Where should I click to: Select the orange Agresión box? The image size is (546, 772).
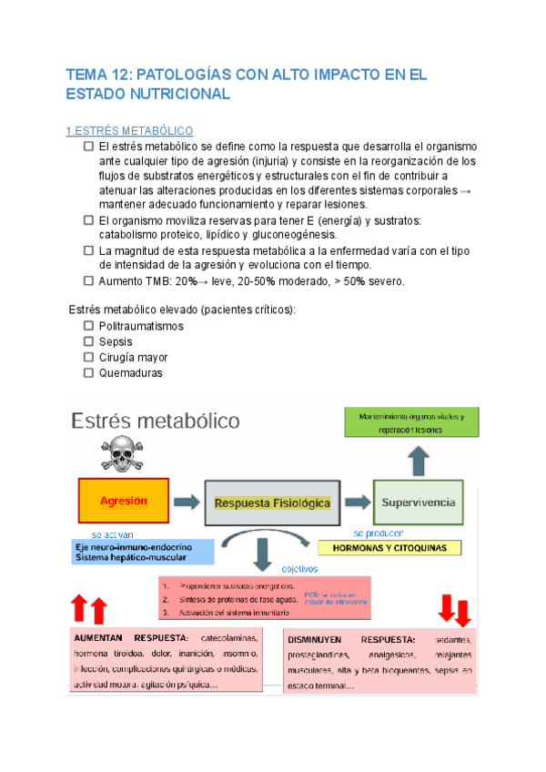click(x=123, y=501)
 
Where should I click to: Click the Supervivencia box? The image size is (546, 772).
click(x=418, y=502)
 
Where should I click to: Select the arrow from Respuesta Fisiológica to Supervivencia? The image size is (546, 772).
click(x=357, y=502)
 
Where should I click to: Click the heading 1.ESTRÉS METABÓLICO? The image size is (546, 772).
click(x=131, y=131)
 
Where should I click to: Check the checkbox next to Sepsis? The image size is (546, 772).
click(x=88, y=341)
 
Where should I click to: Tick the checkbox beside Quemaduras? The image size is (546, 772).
click(x=88, y=372)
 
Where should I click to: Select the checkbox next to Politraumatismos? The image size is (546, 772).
click(x=88, y=326)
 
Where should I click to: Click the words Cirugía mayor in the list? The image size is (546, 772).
click(x=133, y=358)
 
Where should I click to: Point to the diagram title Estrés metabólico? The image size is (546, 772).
click(x=156, y=421)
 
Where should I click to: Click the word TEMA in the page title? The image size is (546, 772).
click(x=88, y=74)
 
